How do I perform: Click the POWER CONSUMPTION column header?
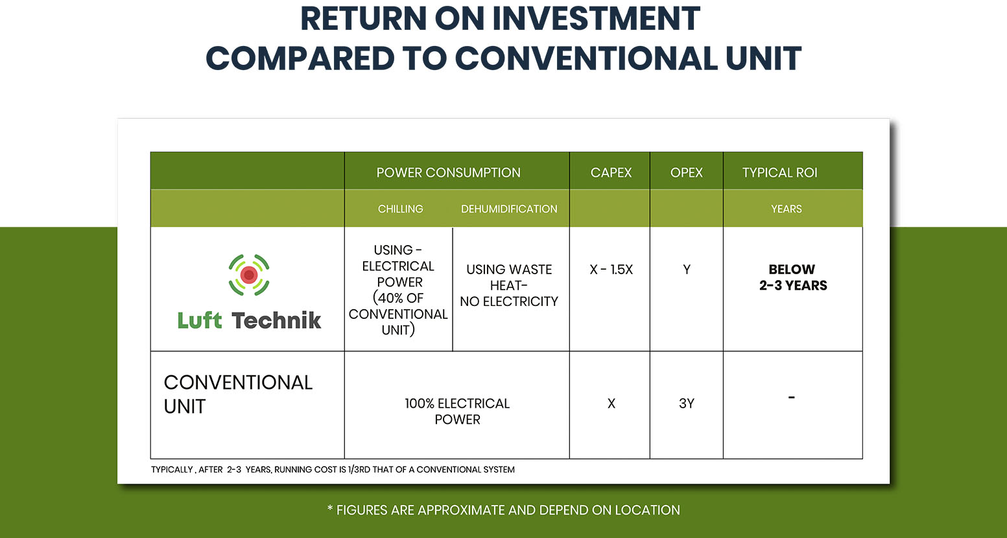click(448, 172)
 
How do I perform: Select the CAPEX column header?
click(611, 172)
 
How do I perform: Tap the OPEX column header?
click(686, 172)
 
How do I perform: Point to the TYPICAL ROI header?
click(779, 172)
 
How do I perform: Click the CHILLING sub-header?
click(400, 209)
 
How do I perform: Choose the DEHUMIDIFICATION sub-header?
click(509, 209)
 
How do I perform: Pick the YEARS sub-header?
click(787, 209)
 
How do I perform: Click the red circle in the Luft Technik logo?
click(248, 275)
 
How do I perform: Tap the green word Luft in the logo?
click(200, 320)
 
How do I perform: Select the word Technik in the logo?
click(276, 320)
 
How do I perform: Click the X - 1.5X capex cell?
click(611, 270)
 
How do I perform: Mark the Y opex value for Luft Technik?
click(687, 270)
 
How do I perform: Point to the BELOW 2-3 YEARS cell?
click(793, 277)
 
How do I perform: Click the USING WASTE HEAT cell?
click(509, 285)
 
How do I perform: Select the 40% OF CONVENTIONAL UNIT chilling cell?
click(398, 290)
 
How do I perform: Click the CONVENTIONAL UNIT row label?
click(238, 395)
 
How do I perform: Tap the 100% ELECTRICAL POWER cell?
click(457, 411)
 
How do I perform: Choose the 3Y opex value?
click(687, 404)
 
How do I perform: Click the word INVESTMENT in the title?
click(596, 19)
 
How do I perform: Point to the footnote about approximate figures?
click(503, 510)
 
